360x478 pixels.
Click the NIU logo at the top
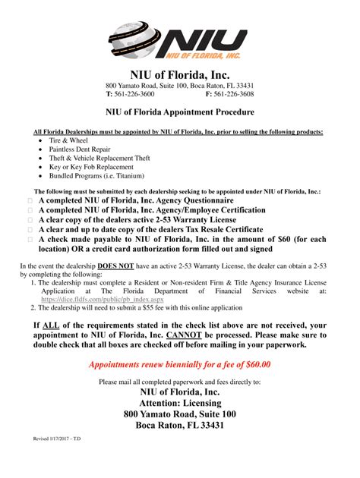tap(179, 37)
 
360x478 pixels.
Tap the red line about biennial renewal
tap(179, 364)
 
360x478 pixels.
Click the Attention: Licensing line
tap(179, 402)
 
